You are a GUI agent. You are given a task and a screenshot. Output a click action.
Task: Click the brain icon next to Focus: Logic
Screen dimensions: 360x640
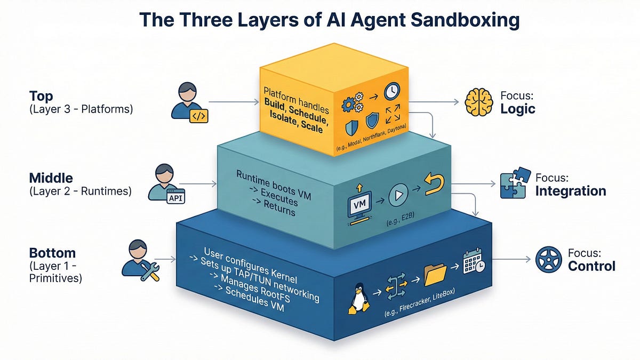coord(478,101)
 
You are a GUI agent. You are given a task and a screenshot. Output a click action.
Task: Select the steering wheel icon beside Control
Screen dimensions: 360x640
coord(548,260)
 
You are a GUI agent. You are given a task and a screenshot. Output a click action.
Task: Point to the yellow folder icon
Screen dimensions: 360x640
coord(435,275)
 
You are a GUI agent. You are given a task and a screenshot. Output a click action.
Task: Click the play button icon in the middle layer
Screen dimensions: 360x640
coord(398,196)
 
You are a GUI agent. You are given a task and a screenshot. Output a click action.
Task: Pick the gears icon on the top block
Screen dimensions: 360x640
coord(351,105)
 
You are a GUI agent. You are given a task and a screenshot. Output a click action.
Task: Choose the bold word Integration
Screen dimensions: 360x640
coord(571,190)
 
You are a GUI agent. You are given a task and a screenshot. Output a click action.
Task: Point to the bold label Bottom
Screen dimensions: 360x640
coord(53,253)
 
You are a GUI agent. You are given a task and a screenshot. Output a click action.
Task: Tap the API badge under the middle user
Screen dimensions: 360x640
coord(175,198)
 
